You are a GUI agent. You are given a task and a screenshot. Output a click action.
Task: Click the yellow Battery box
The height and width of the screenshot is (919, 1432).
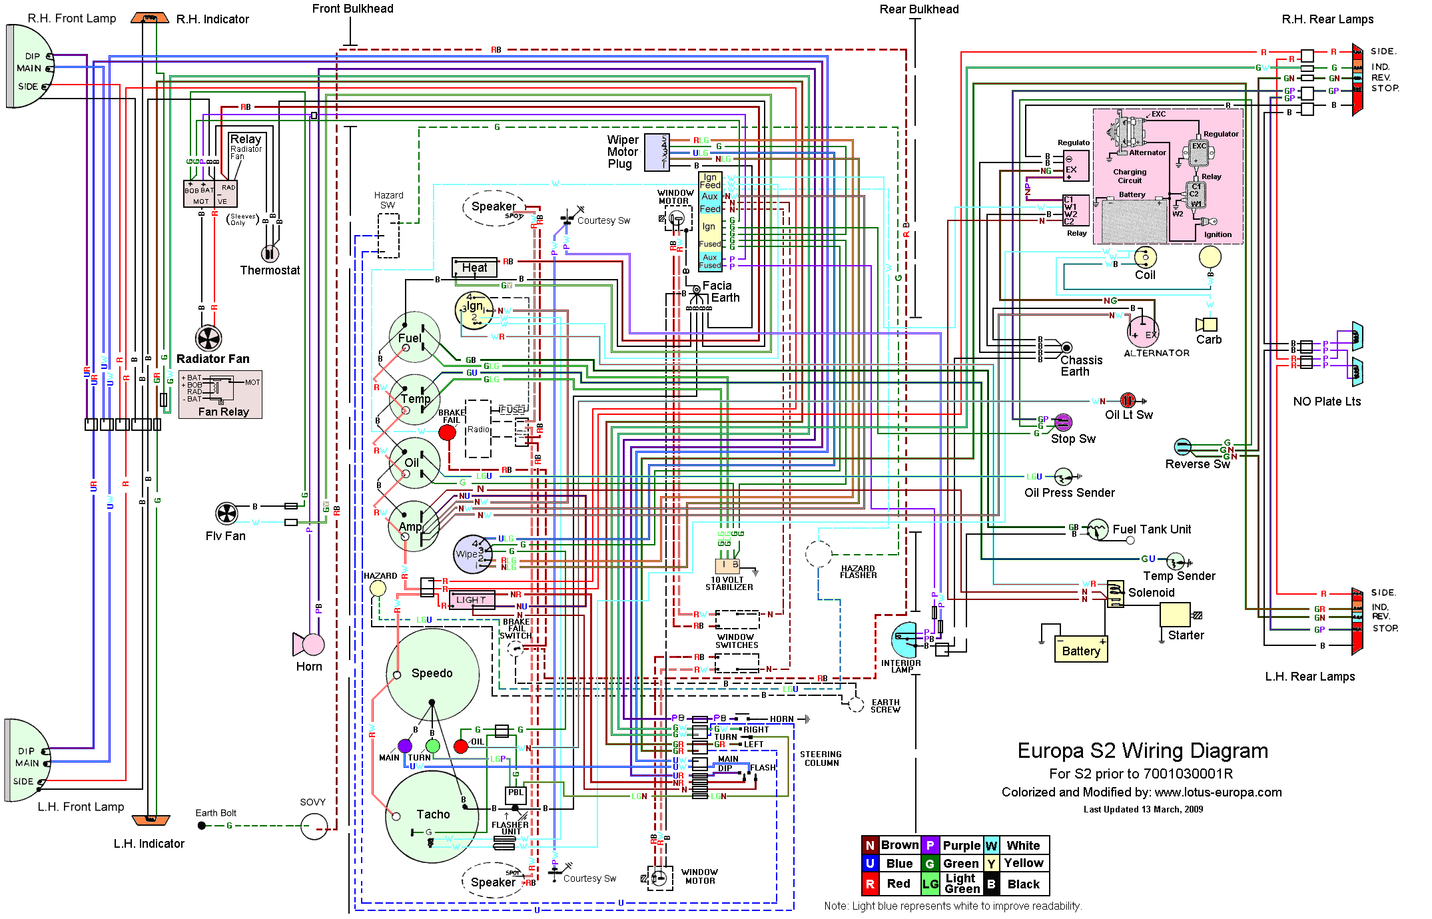pyautogui.click(x=1081, y=650)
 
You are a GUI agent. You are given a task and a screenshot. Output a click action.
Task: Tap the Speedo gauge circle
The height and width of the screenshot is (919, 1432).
pyautogui.click(x=432, y=674)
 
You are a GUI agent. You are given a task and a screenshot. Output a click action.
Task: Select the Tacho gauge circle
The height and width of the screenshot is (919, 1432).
pyautogui.click(x=432, y=816)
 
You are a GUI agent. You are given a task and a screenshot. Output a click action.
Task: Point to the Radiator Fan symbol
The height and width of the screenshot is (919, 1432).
pyautogui.click(x=208, y=338)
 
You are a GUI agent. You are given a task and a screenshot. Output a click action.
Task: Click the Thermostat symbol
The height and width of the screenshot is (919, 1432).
pyautogui.click(x=269, y=253)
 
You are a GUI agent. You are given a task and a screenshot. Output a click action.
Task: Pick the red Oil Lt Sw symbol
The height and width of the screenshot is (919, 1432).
pyautogui.click(x=1128, y=400)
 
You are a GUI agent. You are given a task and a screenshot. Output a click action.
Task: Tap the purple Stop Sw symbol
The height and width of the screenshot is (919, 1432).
pyautogui.click(x=1063, y=422)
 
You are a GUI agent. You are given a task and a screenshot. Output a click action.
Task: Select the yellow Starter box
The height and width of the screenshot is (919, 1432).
pyautogui.click(x=1175, y=614)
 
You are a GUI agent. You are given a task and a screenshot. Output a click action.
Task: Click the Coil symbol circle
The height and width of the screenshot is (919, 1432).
pyautogui.click(x=1146, y=257)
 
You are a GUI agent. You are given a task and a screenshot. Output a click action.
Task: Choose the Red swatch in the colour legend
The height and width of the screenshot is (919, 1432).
pyautogui.click(x=870, y=884)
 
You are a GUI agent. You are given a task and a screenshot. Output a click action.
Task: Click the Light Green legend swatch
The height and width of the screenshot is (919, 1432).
pyautogui.click(x=930, y=884)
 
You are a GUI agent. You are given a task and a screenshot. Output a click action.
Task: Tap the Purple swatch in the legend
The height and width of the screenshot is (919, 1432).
pyautogui.click(x=930, y=845)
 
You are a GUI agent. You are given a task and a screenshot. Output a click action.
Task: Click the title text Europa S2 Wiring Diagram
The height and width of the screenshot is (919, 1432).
pyautogui.click(x=1142, y=751)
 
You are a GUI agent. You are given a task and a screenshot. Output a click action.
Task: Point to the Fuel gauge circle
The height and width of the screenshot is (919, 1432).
pyautogui.click(x=414, y=338)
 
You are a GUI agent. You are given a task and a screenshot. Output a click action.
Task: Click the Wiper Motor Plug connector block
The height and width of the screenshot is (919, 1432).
pyautogui.click(x=657, y=153)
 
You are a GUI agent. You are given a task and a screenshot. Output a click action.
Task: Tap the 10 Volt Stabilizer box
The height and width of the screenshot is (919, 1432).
pyautogui.click(x=727, y=565)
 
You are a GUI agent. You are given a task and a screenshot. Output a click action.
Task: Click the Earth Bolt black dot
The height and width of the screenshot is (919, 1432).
pyautogui.click(x=202, y=826)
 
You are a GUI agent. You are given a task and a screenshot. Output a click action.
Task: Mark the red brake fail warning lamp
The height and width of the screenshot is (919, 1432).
pyautogui.click(x=448, y=432)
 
